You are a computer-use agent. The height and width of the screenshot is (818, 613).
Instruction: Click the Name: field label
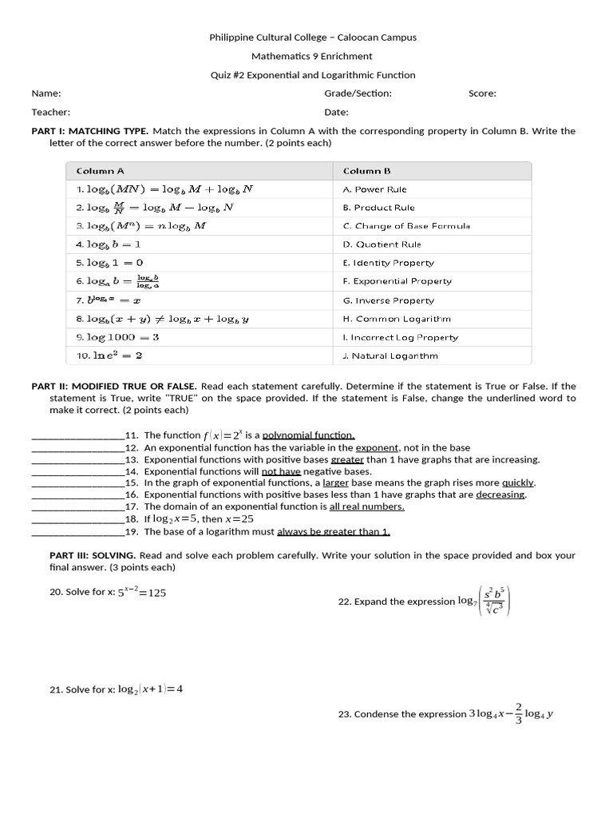(46, 93)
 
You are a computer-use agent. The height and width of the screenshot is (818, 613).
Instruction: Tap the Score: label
(482, 93)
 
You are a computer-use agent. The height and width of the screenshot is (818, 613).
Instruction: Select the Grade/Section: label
(358, 93)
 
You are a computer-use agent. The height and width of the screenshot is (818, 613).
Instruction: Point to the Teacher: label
(51, 113)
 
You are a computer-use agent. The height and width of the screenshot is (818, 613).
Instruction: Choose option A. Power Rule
(374, 189)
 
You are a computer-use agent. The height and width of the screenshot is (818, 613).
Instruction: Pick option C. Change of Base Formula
(406, 226)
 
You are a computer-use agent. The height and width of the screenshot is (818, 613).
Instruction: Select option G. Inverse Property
(388, 300)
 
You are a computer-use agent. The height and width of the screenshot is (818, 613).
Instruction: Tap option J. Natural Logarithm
(390, 355)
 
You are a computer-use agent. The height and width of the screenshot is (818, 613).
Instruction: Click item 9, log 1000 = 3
(117, 337)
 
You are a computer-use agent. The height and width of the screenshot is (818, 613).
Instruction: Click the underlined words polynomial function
(308, 435)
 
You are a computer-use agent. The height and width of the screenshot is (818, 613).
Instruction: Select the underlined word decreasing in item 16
(500, 494)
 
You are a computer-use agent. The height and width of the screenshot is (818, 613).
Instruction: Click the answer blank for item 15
(77, 483)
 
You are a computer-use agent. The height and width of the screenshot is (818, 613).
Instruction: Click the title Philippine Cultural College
(312, 37)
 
